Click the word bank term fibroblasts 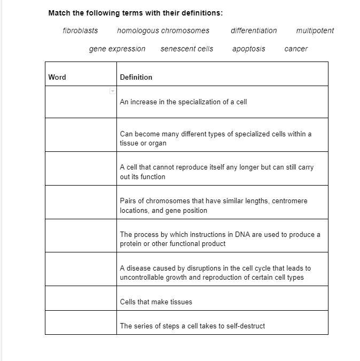80,30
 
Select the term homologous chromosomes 163,30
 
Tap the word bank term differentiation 254,30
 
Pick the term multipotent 315,30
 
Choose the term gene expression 117,49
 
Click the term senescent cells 186,49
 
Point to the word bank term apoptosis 248,49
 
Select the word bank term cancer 296,49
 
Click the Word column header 57,77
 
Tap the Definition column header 136,77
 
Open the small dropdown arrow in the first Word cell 112,91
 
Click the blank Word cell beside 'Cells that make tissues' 81,298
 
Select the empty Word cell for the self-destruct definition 81,322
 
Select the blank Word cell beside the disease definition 81,269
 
